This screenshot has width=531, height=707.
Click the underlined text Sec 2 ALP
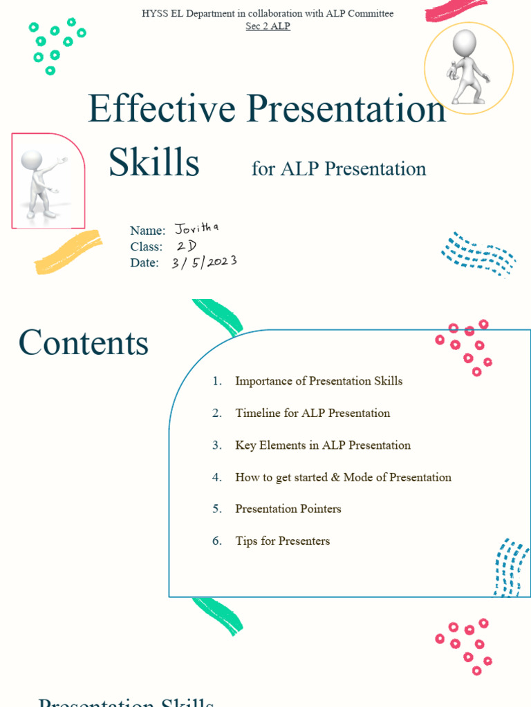point(268,26)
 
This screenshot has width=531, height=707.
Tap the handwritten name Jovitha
point(197,228)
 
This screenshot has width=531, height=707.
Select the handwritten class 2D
point(187,246)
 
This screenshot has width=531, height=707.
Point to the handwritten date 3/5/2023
point(205,262)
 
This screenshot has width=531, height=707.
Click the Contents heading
point(84,342)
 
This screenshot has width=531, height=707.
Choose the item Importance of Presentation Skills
point(319,381)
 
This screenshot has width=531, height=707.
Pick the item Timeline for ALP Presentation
point(313,413)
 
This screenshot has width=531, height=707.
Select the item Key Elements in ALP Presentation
point(323,445)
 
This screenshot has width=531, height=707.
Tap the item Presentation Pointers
point(288,509)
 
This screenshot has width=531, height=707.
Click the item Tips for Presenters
point(283,541)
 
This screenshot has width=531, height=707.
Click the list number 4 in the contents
point(217,477)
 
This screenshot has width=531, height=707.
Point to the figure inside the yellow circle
point(469,66)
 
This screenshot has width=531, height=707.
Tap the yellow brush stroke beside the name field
point(68,252)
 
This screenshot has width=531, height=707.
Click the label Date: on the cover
point(145,263)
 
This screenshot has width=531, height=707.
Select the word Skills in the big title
point(154,162)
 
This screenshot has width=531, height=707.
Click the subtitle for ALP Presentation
point(339,168)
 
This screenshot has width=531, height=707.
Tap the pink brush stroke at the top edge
point(457,8)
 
